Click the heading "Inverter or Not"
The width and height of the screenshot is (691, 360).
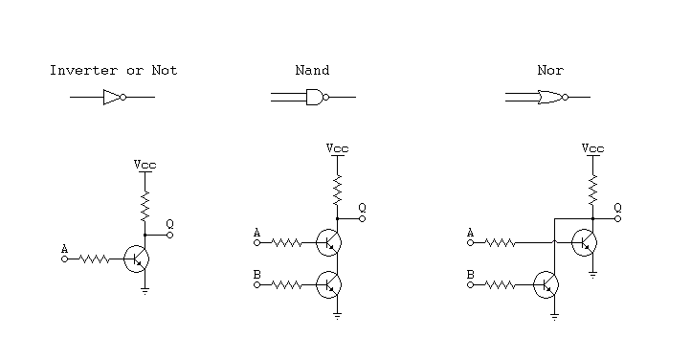point(113,70)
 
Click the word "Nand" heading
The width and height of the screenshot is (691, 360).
point(312,70)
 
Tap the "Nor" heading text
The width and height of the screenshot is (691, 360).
point(548,70)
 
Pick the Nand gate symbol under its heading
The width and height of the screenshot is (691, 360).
point(315,97)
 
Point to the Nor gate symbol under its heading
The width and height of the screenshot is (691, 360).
point(551,97)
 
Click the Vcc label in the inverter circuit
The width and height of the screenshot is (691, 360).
point(145,165)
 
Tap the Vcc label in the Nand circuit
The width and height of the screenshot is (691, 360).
point(337,148)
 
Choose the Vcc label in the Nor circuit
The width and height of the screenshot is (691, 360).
point(593,148)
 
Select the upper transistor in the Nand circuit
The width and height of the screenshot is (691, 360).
point(329,242)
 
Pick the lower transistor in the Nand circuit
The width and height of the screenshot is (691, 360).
point(329,284)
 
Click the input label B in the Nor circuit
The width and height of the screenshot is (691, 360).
point(470,275)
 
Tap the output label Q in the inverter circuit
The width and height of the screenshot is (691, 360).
point(170,223)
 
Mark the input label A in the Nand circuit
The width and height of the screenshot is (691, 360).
point(256,232)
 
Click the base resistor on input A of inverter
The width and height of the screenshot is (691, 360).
point(94,259)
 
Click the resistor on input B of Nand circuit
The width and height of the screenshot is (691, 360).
point(287,284)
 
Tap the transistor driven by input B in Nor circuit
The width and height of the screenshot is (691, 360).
point(546,284)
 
